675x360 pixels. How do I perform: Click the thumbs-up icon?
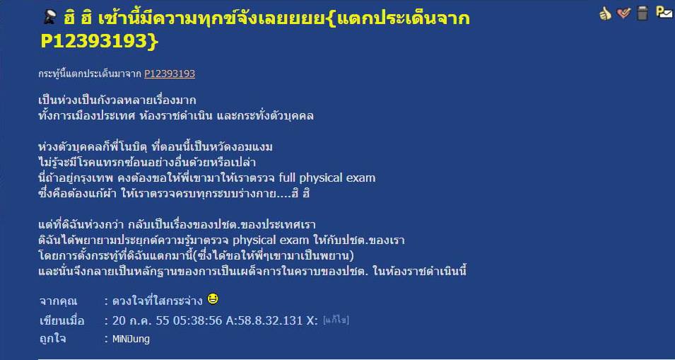(605, 13)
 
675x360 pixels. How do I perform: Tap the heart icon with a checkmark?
(623, 13)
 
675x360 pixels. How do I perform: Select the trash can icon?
(642, 13)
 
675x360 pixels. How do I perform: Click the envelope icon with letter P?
(664, 12)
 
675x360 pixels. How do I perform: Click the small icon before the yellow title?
(51, 18)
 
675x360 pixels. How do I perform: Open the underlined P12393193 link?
(170, 74)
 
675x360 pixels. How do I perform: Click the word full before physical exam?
(288, 178)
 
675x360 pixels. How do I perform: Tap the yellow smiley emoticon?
(213, 298)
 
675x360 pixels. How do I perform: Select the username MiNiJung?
(131, 339)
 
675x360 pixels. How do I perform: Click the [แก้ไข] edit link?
(336, 320)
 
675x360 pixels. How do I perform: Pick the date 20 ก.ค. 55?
(145, 320)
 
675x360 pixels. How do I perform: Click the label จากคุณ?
(58, 301)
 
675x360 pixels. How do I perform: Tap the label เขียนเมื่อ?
(61, 321)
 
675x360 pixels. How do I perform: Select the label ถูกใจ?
(52, 339)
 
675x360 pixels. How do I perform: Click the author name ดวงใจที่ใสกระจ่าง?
(157, 301)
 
